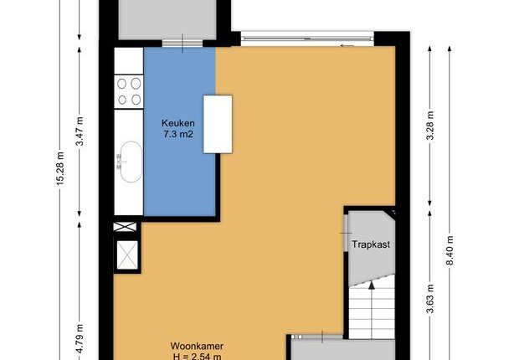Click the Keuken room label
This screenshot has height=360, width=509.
tap(178, 123)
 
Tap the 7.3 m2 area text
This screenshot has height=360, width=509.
tap(178, 134)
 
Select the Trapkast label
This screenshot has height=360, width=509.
tap(371, 244)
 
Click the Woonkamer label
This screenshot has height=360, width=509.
tap(197, 346)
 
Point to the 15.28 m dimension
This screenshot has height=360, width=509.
tap(61, 168)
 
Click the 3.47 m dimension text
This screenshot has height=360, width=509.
tap(80, 131)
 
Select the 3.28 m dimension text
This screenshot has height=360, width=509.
tap(430, 126)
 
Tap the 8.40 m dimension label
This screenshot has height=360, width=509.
tap(450, 250)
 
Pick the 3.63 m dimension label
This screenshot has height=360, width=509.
tap(430, 299)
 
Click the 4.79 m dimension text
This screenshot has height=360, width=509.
tap(80, 338)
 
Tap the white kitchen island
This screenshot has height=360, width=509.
tap(218, 124)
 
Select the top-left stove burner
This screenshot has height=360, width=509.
tap(121, 84)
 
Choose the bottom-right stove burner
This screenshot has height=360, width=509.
tap(136, 100)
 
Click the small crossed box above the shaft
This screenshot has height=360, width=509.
tap(125, 227)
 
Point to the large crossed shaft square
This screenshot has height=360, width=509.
tap(127, 255)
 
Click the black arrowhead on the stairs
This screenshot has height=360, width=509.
tap(372, 285)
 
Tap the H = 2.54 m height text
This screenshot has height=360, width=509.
tap(197, 357)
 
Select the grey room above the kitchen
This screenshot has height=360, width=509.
tap(167, 19)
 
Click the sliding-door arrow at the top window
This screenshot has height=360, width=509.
tap(347, 46)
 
